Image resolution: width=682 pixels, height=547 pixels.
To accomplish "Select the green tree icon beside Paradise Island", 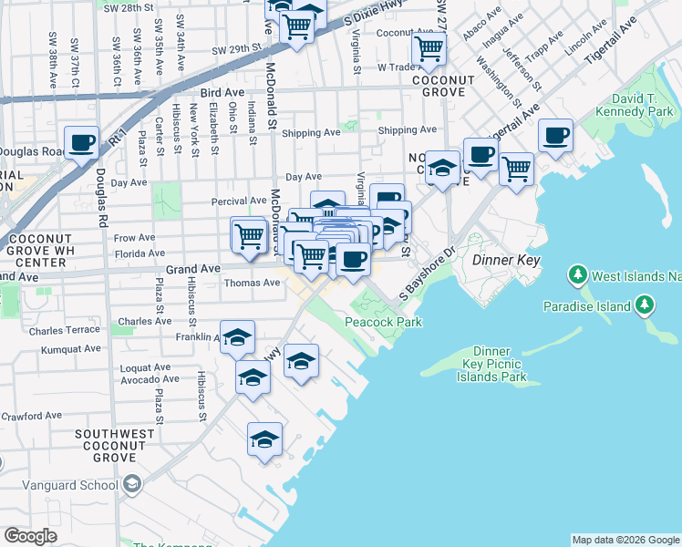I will [646, 304].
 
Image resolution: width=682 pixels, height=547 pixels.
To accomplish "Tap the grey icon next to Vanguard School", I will [132, 484].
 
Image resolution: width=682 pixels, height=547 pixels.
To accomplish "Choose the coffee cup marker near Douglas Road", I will [81, 142].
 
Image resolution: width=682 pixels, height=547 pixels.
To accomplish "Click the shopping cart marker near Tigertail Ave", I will [517, 168].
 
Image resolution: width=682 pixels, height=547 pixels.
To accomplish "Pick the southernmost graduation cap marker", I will [264, 439].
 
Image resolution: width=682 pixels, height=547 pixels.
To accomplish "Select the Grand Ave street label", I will [193, 270].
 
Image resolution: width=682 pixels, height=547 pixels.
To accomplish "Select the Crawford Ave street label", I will [30, 416].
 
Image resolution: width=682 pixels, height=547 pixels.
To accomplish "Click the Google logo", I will [30, 536].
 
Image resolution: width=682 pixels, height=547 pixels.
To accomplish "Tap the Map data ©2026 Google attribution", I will [625, 540].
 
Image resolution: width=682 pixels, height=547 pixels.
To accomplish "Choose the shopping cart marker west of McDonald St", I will [248, 235].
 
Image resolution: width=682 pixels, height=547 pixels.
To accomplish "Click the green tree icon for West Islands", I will [576, 273].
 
